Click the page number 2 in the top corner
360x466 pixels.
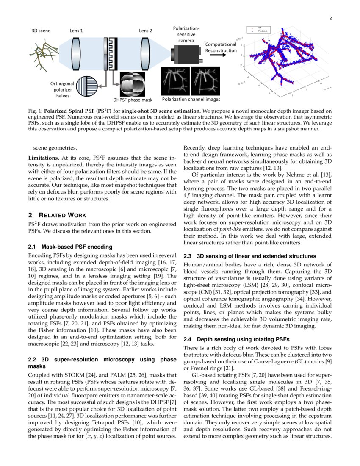[330, 18]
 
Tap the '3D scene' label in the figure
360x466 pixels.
[41, 31]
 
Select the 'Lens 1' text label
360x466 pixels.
[76, 31]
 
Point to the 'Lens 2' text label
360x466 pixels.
[146, 31]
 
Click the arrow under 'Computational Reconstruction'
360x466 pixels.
[220, 54]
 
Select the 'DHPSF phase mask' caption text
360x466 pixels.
[133, 100]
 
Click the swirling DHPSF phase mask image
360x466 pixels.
[133, 83]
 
